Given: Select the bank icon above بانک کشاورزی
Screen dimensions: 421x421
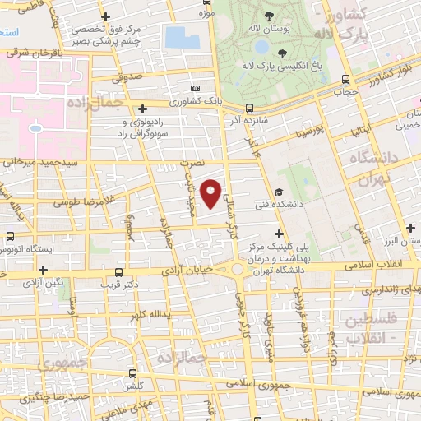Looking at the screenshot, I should point(195,88).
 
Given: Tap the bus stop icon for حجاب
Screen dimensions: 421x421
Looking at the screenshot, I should point(345,80).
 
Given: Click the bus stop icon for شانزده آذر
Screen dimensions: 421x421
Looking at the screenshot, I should point(250,107).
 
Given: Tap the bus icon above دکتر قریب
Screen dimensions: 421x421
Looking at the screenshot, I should point(120,272).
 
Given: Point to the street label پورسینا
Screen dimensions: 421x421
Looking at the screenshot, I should point(294,129).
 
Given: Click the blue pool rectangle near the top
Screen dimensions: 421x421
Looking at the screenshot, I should point(176,36).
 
